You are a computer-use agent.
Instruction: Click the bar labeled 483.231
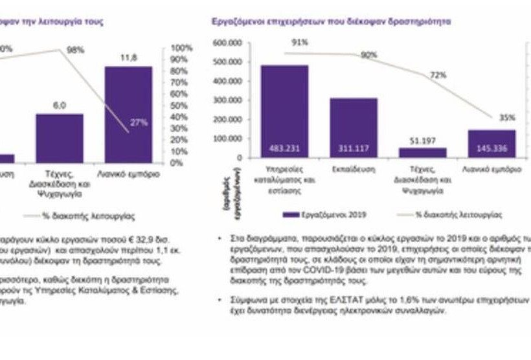284,110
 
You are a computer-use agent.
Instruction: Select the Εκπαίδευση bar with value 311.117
353,127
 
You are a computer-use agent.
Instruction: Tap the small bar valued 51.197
422,152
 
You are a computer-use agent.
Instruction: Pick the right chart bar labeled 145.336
491,143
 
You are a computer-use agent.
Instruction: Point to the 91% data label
300,43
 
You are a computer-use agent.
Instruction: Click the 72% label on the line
438,76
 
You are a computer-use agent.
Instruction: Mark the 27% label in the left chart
139,122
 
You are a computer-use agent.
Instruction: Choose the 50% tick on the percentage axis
182,106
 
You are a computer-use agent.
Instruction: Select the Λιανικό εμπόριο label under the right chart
492,169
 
